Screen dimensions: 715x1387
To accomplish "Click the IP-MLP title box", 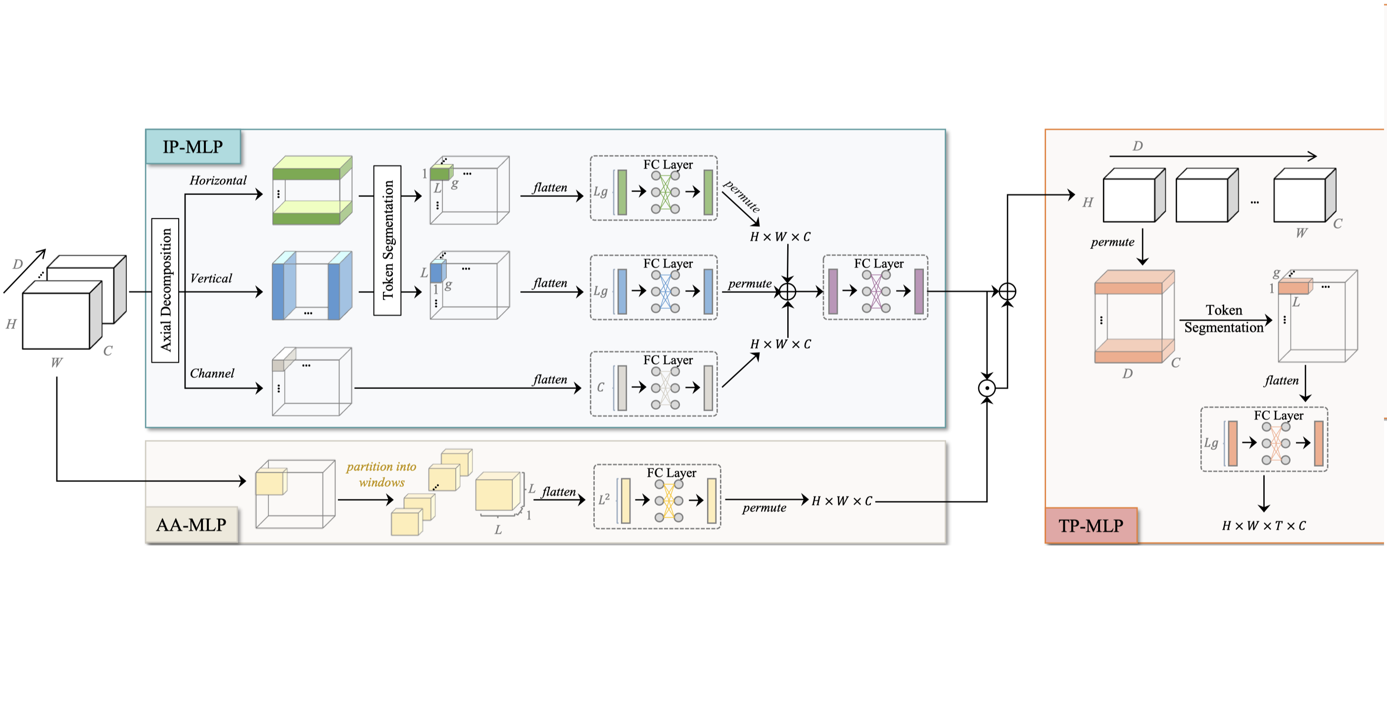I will click(193, 146).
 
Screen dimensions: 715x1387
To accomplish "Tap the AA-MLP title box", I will click(191, 524).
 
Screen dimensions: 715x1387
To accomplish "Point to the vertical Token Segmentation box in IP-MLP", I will click(387, 240).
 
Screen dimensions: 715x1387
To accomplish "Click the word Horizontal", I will click(218, 181).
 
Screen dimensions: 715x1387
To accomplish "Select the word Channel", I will click(212, 373).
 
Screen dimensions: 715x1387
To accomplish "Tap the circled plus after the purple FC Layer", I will click(1007, 291).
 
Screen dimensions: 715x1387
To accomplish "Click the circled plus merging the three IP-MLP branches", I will click(787, 291).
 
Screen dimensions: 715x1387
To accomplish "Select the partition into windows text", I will click(381, 475).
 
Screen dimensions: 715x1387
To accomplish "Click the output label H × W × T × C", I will click(1263, 525).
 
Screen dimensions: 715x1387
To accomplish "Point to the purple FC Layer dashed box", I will click(875, 287).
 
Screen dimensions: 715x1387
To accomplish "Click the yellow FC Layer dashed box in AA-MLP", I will click(657, 496).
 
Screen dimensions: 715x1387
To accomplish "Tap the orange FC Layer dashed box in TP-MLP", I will click(1264, 439).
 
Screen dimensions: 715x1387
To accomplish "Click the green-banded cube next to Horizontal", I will click(312, 191).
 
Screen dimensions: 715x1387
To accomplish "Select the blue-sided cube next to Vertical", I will click(312, 286).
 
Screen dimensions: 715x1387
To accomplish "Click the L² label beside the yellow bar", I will click(604, 500).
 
